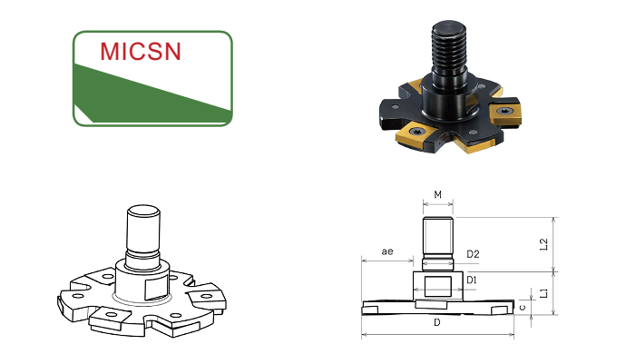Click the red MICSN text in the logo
coord(141,51)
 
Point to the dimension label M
coord(437,195)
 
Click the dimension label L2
coord(544,244)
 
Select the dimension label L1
coord(544,292)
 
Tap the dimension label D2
coord(473,254)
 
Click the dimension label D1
coord(472,280)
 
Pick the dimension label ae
coord(387,251)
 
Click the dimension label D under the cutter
coord(436,322)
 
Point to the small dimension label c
coord(523,307)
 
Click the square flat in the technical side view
coord(437,287)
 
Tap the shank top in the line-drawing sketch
coord(143,211)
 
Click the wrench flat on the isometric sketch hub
coord(157,289)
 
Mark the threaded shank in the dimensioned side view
coord(437,236)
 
